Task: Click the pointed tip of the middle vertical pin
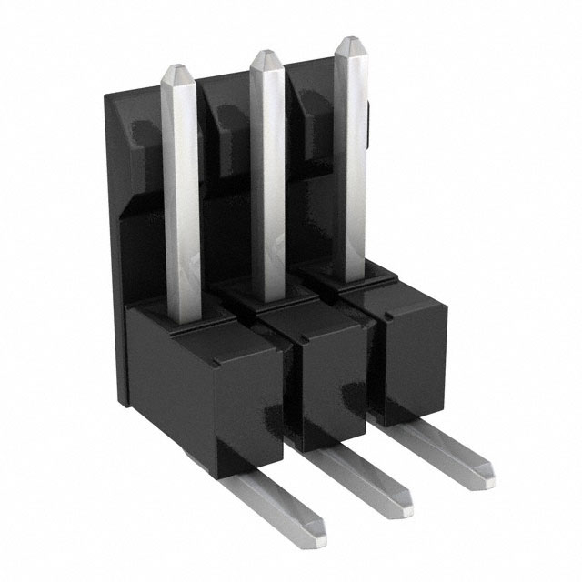point(265,56)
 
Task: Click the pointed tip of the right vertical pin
point(349,43)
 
